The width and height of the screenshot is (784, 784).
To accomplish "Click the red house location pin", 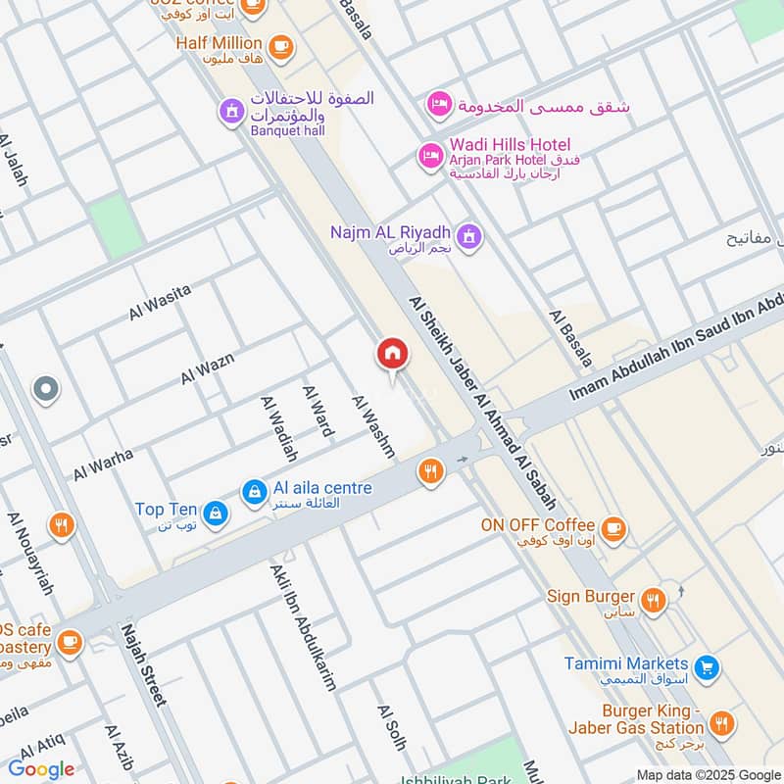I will pyautogui.click(x=392, y=355).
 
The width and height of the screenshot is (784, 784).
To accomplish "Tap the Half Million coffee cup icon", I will pyautogui.click(x=280, y=44).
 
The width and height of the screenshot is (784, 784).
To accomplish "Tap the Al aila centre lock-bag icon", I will pyautogui.click(x=254, y=491).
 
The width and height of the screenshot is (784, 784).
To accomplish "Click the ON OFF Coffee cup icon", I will pyautogui.click(x=612, y=528).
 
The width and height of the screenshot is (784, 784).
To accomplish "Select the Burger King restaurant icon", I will pyautogui.click(x=722, y=723).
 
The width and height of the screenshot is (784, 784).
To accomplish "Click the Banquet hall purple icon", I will pyautogui.click(x=231, y=112).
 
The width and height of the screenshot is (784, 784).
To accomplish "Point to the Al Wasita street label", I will pyautogui.click(x=160, y=302).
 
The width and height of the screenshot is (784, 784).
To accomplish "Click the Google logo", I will pyautogui.click(x=41, y=769).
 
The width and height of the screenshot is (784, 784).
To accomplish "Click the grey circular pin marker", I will pyautogui.click(x=45, y=390).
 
